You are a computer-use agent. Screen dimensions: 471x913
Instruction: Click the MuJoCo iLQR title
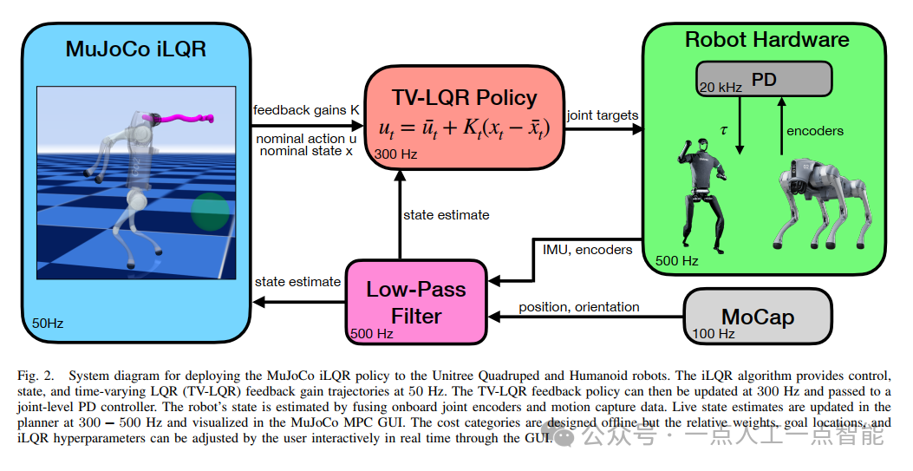[x=136, y=49]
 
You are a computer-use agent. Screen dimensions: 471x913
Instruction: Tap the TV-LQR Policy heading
[x=464, y=98]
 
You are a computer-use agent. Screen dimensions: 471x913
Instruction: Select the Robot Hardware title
[x=766, y=39]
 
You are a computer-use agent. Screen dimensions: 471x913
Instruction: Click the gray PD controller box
[x=764, y=80]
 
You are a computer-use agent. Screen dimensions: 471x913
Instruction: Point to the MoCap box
[x=757, y=317]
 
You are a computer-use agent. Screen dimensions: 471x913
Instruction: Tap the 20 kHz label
[x=720, y=87]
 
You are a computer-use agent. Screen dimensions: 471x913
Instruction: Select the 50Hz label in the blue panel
[x=48, y=323]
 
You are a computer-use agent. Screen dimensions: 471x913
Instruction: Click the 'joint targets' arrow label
[x=602, y=114]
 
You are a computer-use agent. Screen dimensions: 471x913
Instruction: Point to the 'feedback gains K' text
[x=305, y=110]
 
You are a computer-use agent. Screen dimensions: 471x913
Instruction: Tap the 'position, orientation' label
[x=578, y=306]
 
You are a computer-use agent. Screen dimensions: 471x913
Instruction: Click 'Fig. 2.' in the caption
[x=34, y=376]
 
